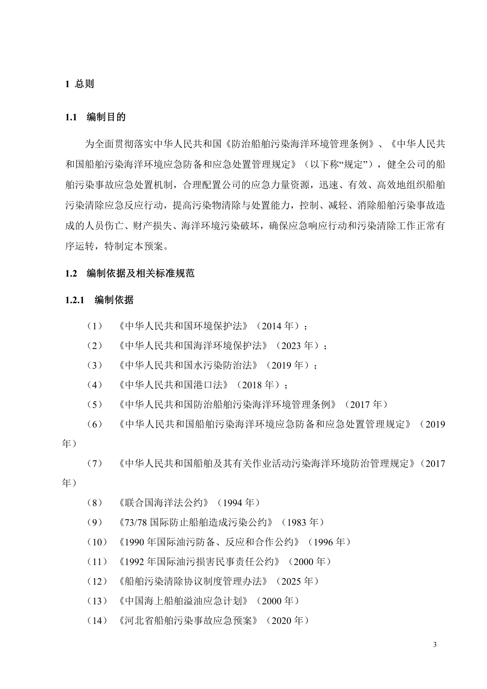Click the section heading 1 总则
click(x=80, y=84)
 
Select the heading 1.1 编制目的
click(x=95, y=117)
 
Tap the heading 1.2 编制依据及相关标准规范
click(x=130, y=274)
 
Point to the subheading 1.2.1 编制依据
click(x=99, y=300)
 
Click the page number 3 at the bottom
click(x=434, y=645)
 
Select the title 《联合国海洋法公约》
click(x=165, y=503)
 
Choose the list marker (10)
click(x=97, y=542)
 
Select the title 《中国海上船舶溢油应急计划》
click(x=184, y=601)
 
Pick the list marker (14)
click(x=97, y=621)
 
